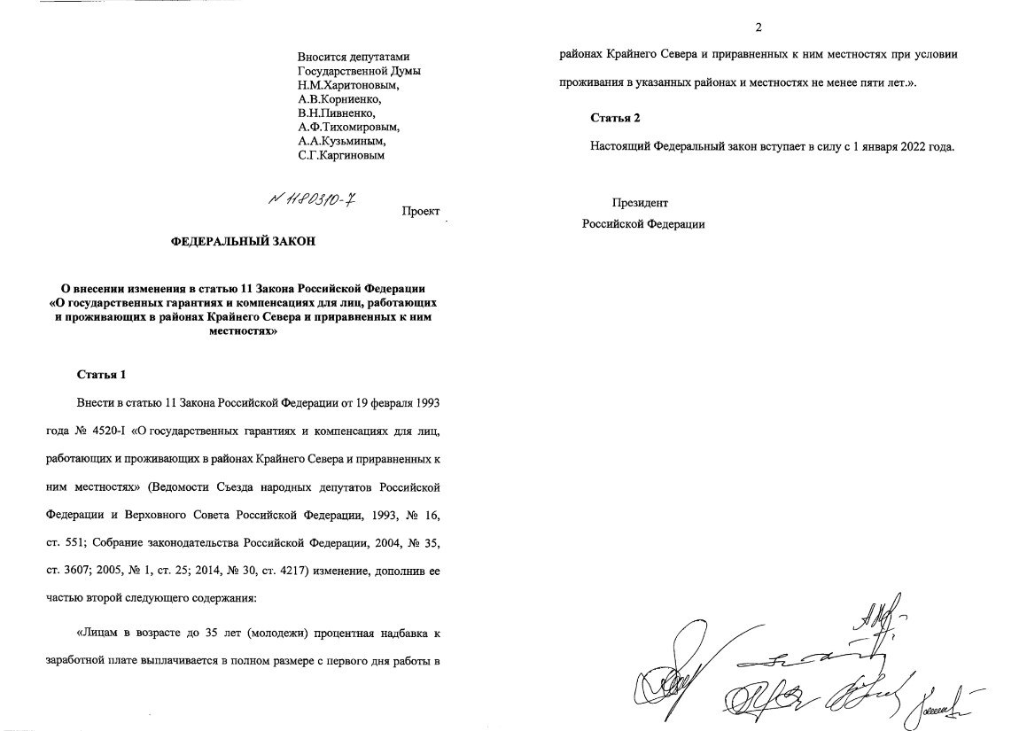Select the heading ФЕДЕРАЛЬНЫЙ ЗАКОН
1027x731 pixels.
tap(243, 242)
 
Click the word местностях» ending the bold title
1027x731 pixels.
tap(242, 332)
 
